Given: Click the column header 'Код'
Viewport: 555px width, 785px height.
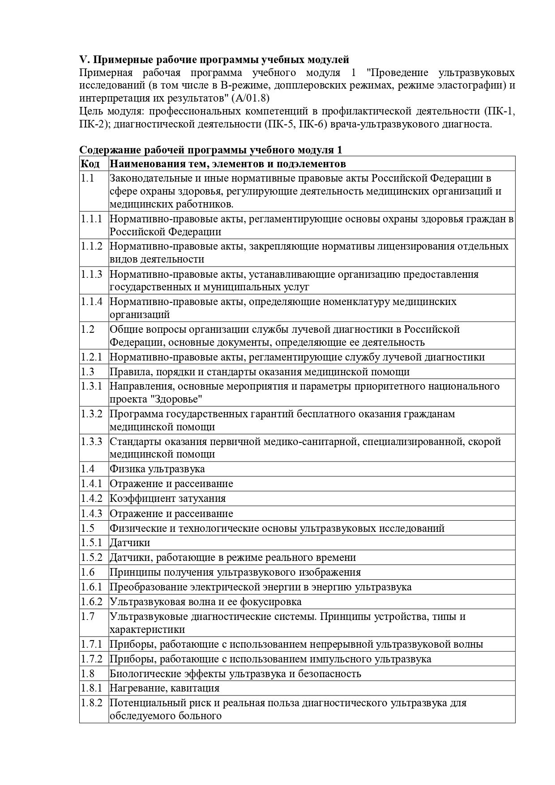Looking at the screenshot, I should (90, 164).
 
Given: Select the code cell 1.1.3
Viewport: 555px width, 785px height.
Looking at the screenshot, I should (91, 274).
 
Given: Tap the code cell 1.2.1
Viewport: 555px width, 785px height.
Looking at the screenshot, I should (91, 357).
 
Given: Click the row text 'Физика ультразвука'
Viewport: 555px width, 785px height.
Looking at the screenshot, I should (157, 469).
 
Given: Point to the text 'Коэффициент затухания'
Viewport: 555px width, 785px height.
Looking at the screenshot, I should (168, 498).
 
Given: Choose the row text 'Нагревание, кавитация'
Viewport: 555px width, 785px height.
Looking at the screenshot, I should (165, 688).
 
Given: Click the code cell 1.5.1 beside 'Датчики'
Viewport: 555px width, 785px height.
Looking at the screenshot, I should (91, 543).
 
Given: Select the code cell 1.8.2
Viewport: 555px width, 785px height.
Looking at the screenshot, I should (91, 703).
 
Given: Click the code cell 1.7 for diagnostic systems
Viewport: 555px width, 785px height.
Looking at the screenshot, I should (88, 616).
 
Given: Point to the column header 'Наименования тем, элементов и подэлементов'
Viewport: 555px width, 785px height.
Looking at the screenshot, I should (228, 164).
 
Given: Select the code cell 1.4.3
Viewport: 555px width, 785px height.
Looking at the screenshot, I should (91, 513).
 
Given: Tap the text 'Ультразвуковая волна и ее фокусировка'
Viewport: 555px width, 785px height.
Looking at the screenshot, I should (205, 602).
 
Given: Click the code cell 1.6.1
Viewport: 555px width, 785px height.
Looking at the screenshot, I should (91, 587).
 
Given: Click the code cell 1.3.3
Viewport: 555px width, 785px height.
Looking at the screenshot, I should (91, 441).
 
